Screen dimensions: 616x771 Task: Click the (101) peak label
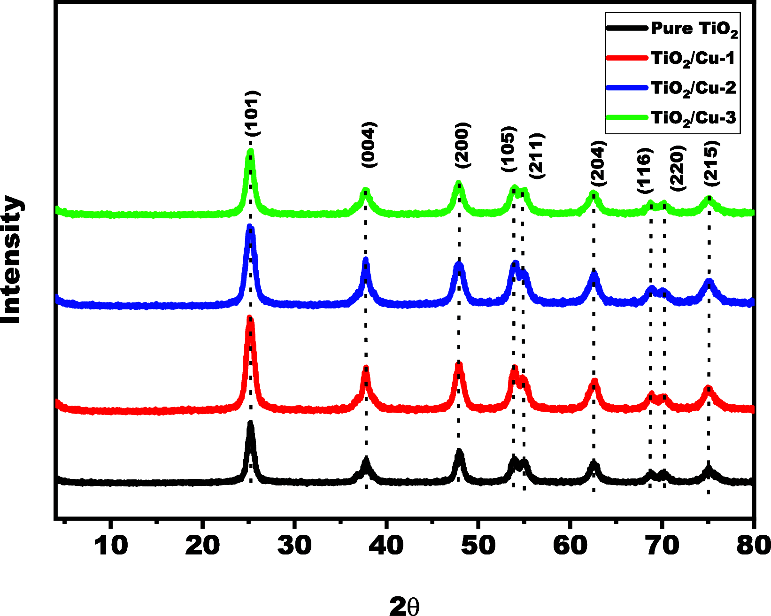[x=252, y=114]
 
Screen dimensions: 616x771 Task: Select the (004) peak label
[x=369, y=145]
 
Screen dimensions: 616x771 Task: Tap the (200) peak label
[x=463, y=145]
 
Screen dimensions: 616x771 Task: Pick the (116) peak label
[x=645, y=170]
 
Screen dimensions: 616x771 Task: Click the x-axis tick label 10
[x=110, y=546]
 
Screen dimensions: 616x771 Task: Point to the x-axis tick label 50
[x=478, y=546]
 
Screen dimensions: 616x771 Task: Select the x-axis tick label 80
[x=753, y=546]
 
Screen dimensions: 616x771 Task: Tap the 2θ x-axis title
[x=404, y=606]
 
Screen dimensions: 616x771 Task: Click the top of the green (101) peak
[x=250, y=152]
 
